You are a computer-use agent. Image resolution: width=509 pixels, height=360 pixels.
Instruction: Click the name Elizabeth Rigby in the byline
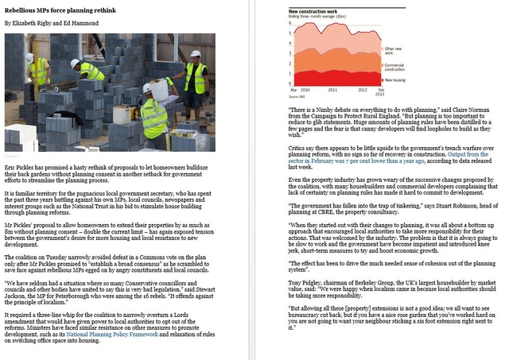click(x=32, y=24)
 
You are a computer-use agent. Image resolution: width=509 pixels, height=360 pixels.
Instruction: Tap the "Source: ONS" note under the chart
click(x=297, y=98)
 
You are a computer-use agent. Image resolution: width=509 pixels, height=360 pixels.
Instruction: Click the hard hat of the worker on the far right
click(x=196, y=54)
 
